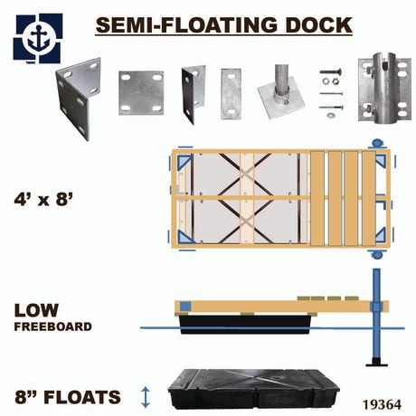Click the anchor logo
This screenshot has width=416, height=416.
37,37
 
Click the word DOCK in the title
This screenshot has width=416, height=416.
316,24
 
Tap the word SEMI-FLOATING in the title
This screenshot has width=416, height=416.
184,24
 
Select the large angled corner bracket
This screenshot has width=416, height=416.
78,97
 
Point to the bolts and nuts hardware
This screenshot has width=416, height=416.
330,91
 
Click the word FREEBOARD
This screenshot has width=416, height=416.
52,326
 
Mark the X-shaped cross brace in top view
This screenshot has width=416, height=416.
246,198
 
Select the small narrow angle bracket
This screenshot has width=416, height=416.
194,93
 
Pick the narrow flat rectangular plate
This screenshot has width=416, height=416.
231,93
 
